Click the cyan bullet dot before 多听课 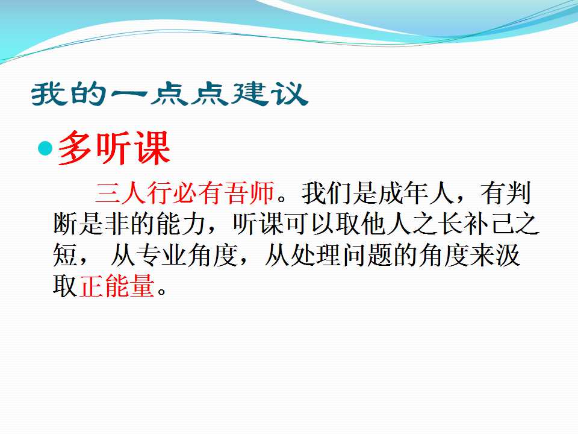[45, 148]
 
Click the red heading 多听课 [114, 148]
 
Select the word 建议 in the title [270, 94]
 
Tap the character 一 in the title [127, 95]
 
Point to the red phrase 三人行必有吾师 [185, 193]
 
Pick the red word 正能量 [116, 286]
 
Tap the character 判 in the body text [518, 193]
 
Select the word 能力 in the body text [181, 224]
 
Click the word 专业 [161, 254]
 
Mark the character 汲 [507, 254]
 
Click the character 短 [65, 254]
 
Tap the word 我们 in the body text [326, 193]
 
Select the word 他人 [385, 224]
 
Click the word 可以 [309, 224]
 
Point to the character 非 [117, 224]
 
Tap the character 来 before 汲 [482, 254]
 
